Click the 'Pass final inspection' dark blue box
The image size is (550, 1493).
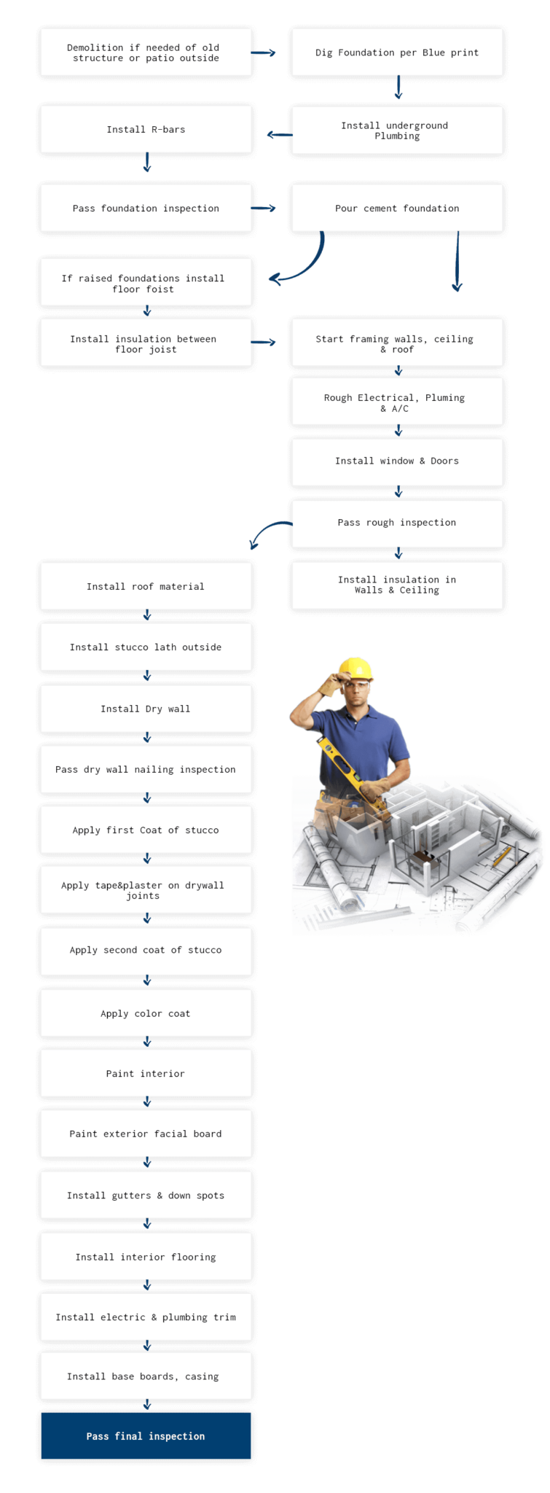(146, 1435)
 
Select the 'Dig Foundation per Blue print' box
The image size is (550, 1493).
(397, 52)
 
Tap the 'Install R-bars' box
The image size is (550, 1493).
(146, 129)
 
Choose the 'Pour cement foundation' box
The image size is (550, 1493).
(397, 208)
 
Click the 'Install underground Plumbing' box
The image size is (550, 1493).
(397, 130)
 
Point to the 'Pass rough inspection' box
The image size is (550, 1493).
(397, 523)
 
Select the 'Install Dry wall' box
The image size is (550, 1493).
(146, 709)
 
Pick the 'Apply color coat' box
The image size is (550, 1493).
(146, 1013)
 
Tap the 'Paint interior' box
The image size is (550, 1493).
(146, 1073)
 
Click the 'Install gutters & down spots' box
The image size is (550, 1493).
(146, 1195)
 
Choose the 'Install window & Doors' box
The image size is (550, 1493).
(397, 461)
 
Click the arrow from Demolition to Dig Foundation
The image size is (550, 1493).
(263, 52)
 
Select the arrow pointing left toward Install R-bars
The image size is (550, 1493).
(280, 134)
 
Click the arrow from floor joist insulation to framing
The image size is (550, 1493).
(263, 342)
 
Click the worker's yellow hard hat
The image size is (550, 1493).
(355, 668)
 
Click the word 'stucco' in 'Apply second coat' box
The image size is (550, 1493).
(205, 950)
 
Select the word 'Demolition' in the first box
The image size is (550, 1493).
(95, 47)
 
